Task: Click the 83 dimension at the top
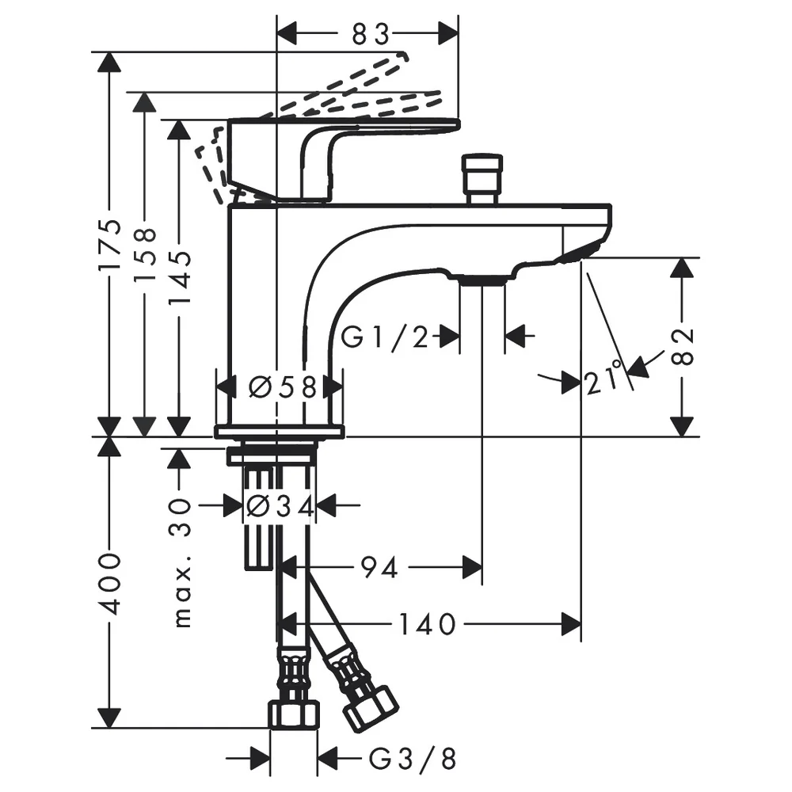tap(371, 34)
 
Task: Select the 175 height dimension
tap(110, 245)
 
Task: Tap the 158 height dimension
tap(145, 255)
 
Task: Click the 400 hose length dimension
tap(110, 584)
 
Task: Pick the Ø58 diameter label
tap(284, 388)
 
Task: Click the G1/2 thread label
tap(384, 337)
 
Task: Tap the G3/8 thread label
tap(413, 758)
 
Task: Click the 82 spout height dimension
tap(683, 347)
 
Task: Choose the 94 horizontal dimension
tap(379, 568)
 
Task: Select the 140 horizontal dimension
tap(428, 625)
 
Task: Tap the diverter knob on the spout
tap(482, 179)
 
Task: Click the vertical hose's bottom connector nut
tap(294, 714)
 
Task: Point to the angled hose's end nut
tap(371, 708)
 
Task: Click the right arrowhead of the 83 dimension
tap(448, 34)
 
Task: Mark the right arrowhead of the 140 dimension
tap(571, 625)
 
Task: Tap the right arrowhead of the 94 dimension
tap(472, 568)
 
